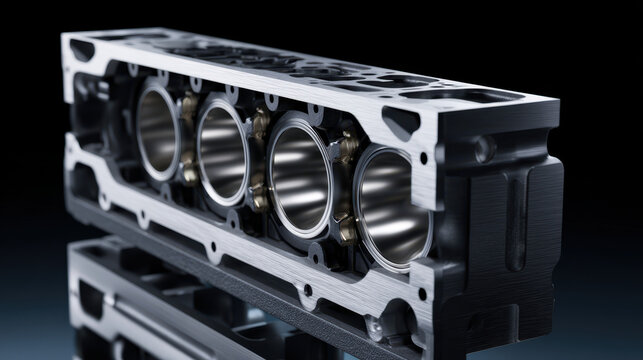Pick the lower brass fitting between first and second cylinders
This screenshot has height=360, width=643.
click(188, 172)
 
